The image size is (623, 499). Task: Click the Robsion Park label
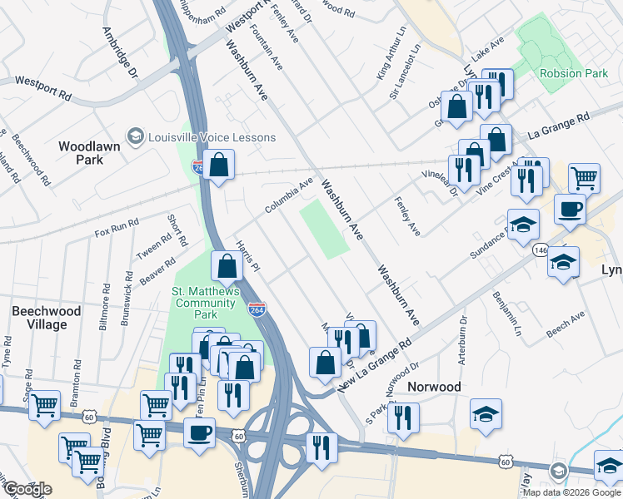(x=574, y=73)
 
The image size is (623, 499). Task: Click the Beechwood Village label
(x=47, y=318)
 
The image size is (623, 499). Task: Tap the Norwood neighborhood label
(x=434, y=387)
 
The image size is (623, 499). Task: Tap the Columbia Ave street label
(x=289, y=195)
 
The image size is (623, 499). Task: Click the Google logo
(x=27, y=489)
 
